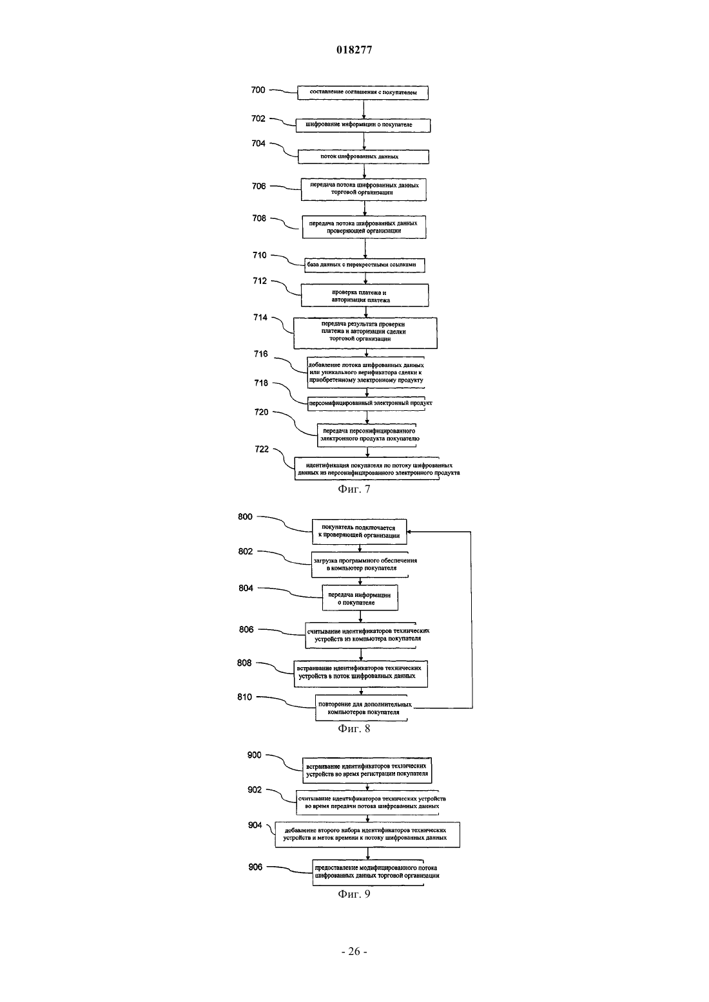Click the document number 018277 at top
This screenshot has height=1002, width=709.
[x=354, y=50]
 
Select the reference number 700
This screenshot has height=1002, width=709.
[x=258, y=90]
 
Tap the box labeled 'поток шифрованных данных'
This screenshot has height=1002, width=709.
[x=364, y=156]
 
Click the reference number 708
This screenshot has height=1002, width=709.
[x=259, y=218]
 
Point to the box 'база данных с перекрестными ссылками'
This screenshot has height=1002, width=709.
[x=364, y=265]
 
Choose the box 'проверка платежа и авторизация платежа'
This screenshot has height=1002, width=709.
[x=364, y=295]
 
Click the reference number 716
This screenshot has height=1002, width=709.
[x=260, y=354]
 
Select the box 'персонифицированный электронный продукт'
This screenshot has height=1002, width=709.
[x=370, y=403]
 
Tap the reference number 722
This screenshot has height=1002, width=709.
[x=262, y=449]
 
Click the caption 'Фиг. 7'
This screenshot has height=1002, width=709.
[x=354, y=489]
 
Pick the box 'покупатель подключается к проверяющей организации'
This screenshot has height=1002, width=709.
[x=360, y=531]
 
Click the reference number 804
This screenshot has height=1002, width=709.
[x=246, y=588]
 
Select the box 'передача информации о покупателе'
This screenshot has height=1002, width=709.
[x=360, y=598]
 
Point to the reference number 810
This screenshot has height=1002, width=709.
[x=244, y=697]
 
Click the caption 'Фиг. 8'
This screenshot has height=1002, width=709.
[x=354, y=729]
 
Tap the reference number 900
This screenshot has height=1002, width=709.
[x=254, y=755]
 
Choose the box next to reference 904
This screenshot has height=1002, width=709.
[x=367, y=835]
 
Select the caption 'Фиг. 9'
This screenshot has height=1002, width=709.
[x=354, y=894]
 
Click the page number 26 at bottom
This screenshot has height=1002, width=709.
[x=354, y=952]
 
